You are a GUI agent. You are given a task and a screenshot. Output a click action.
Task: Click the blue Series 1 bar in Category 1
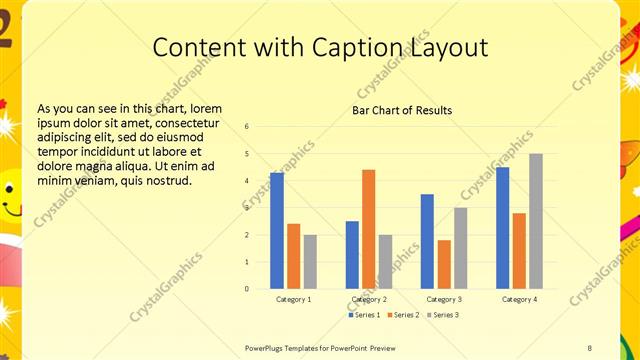point(277,231)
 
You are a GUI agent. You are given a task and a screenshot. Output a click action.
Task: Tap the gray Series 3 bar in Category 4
point(536,221)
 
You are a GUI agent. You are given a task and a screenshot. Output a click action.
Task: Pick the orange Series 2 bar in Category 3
point(444,264)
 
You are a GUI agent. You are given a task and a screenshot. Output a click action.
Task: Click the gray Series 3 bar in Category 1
point(310,262)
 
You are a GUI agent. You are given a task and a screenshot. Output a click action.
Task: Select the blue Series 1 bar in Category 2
point(352,255)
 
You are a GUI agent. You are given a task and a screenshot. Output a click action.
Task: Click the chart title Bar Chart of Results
point(402,110)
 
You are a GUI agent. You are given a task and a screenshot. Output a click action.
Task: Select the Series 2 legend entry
point(403,315)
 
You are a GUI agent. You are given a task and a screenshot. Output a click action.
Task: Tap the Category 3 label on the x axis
point(444,299)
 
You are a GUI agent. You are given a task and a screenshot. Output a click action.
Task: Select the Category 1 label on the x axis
point(293,299)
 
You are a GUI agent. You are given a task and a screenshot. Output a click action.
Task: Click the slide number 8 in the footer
point(589,347)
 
